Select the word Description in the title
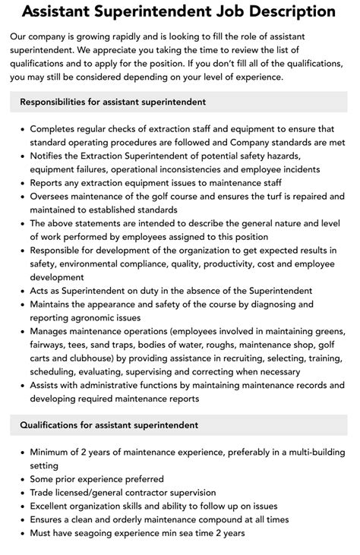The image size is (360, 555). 292,11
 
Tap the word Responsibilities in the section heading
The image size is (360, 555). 62,101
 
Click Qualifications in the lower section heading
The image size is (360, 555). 55,425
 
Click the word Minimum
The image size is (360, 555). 53,453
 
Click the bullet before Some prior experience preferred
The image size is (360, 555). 20,479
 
